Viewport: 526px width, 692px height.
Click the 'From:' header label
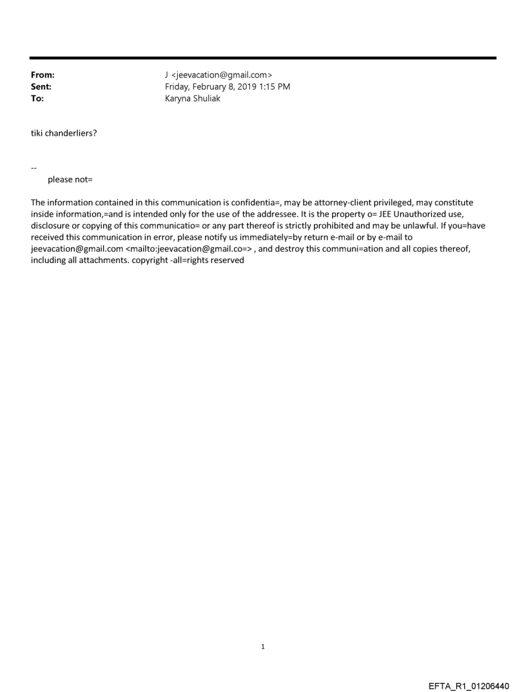pos(43,75)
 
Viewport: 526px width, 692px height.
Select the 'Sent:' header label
pos(41,86)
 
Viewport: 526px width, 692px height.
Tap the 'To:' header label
pos(37,99)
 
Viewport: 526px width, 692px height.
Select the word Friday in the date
pos(178,86)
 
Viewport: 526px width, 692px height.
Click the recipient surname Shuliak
pos(206,99)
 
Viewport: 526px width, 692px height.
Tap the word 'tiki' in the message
pos(38,133)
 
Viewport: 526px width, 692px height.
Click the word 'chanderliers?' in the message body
pos(72,133)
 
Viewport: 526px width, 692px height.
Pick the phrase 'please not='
pos(70,179)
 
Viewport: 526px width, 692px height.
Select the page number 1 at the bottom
pos(263,647)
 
